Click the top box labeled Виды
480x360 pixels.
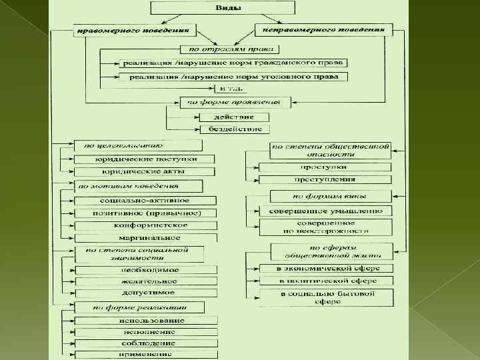tap(223, 8)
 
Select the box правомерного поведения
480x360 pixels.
tap(136, 30)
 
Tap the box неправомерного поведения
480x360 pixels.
tap(323, 30)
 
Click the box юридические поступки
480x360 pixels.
tap(145, 159)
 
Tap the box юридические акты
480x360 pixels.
tap(145, 171)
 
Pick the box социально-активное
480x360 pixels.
tap(145, 200)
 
